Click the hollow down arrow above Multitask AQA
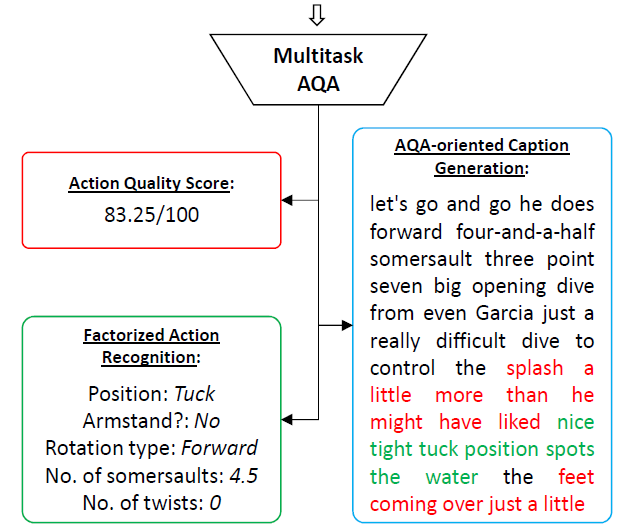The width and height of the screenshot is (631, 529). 317,13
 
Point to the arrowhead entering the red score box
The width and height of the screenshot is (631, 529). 288,200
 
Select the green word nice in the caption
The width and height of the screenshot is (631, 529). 574,421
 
